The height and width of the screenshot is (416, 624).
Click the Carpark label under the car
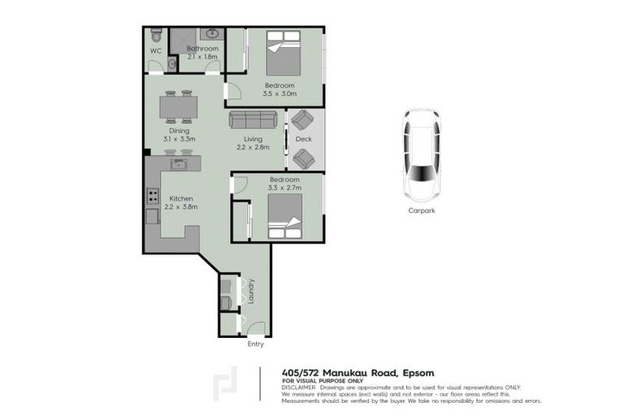coord(422,210)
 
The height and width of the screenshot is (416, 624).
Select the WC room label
coord(156,50)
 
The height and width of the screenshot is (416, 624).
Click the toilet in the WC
coord(156,36)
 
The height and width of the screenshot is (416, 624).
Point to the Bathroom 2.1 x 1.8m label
coord(202,53)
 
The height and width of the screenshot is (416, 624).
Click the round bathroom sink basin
coord(212,34)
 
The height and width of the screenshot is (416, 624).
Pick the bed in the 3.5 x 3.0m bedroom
coord(284,56)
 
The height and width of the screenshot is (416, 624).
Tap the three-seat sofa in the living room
coord(253,119)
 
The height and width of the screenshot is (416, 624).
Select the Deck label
coord(304,139)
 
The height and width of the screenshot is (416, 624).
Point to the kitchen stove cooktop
coord(152,196)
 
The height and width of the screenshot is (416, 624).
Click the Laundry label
coord(252,291)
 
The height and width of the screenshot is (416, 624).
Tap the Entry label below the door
coord(256,344)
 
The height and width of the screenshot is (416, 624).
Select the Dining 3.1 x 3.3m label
coord(179,135)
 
